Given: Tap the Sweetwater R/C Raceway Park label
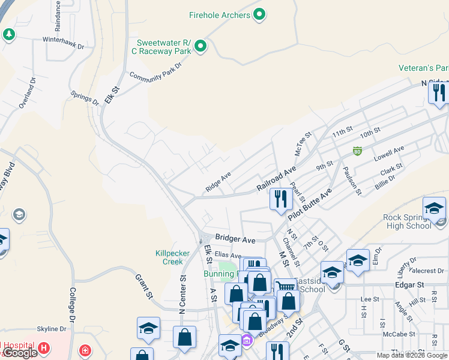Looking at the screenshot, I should click(x=163, y=47).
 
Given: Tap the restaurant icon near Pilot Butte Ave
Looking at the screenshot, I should click(x=280, y=199).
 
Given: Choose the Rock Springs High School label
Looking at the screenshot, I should click(x=408, y=221).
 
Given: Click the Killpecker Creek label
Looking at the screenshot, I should click(x=169, y=257).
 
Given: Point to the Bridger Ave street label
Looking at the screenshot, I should click(x=235, y=239).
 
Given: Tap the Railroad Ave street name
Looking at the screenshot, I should click(x=277, y=179).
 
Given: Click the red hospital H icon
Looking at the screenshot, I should click(x=43, y=347).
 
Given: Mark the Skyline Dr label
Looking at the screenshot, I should click(x=52, y=329).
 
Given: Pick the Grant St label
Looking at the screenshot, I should click(x=142, y=286).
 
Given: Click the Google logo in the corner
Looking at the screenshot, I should click(x=19, y=353).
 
